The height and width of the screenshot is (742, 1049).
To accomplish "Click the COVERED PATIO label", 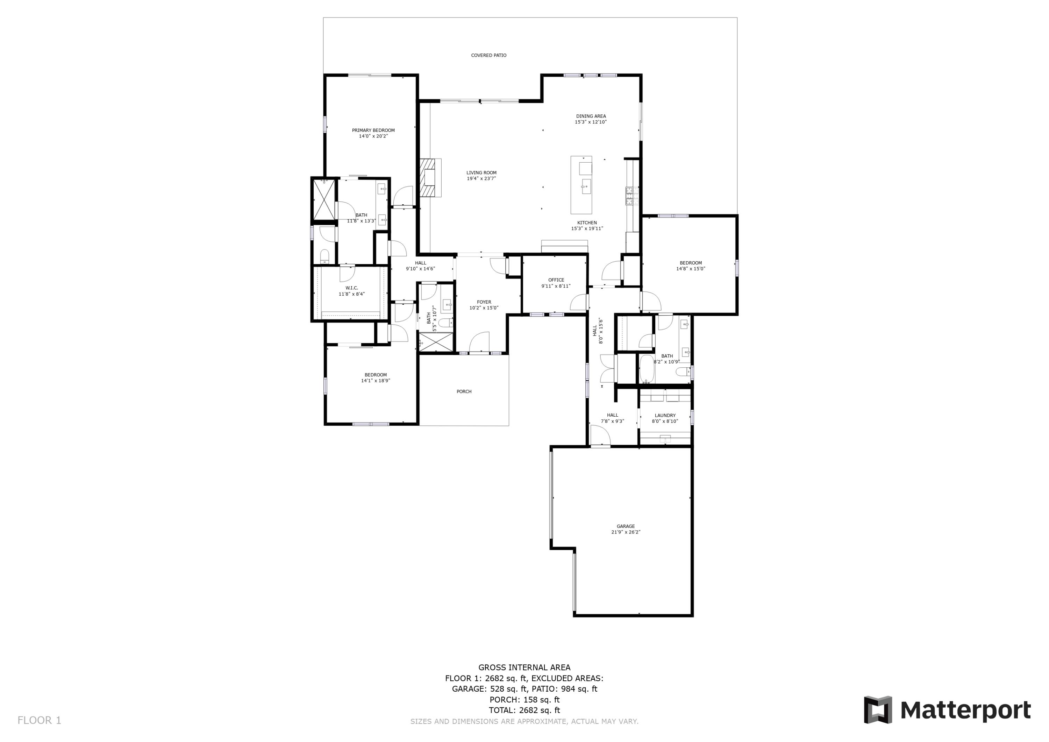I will click(488, 55).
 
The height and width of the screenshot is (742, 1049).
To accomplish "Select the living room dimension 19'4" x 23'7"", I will click(481, 179).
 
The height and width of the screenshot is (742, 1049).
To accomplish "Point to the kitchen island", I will click(581, 185).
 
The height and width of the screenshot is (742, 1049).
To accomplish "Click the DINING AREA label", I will click(591, 116).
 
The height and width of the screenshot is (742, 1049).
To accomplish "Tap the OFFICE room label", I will click(556, 280).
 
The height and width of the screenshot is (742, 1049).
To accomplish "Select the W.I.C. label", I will click(351, 288).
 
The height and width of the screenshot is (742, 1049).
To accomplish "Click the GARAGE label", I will click(626, 526).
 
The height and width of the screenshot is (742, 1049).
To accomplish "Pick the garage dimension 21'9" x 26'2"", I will click(626, 532).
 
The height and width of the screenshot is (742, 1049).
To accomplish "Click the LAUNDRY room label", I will click(665, 416).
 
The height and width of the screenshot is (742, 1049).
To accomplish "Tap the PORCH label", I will click(464, 391).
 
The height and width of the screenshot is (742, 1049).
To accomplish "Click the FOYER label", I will click(484, 302).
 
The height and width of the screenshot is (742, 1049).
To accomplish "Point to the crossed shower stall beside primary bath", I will click(323, 200).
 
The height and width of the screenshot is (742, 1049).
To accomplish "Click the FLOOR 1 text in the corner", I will click(39, 721).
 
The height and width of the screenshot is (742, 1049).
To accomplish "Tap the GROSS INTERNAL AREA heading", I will click(524, 667).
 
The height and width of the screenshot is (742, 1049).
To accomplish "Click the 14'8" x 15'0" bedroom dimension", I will click(690, 269).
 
